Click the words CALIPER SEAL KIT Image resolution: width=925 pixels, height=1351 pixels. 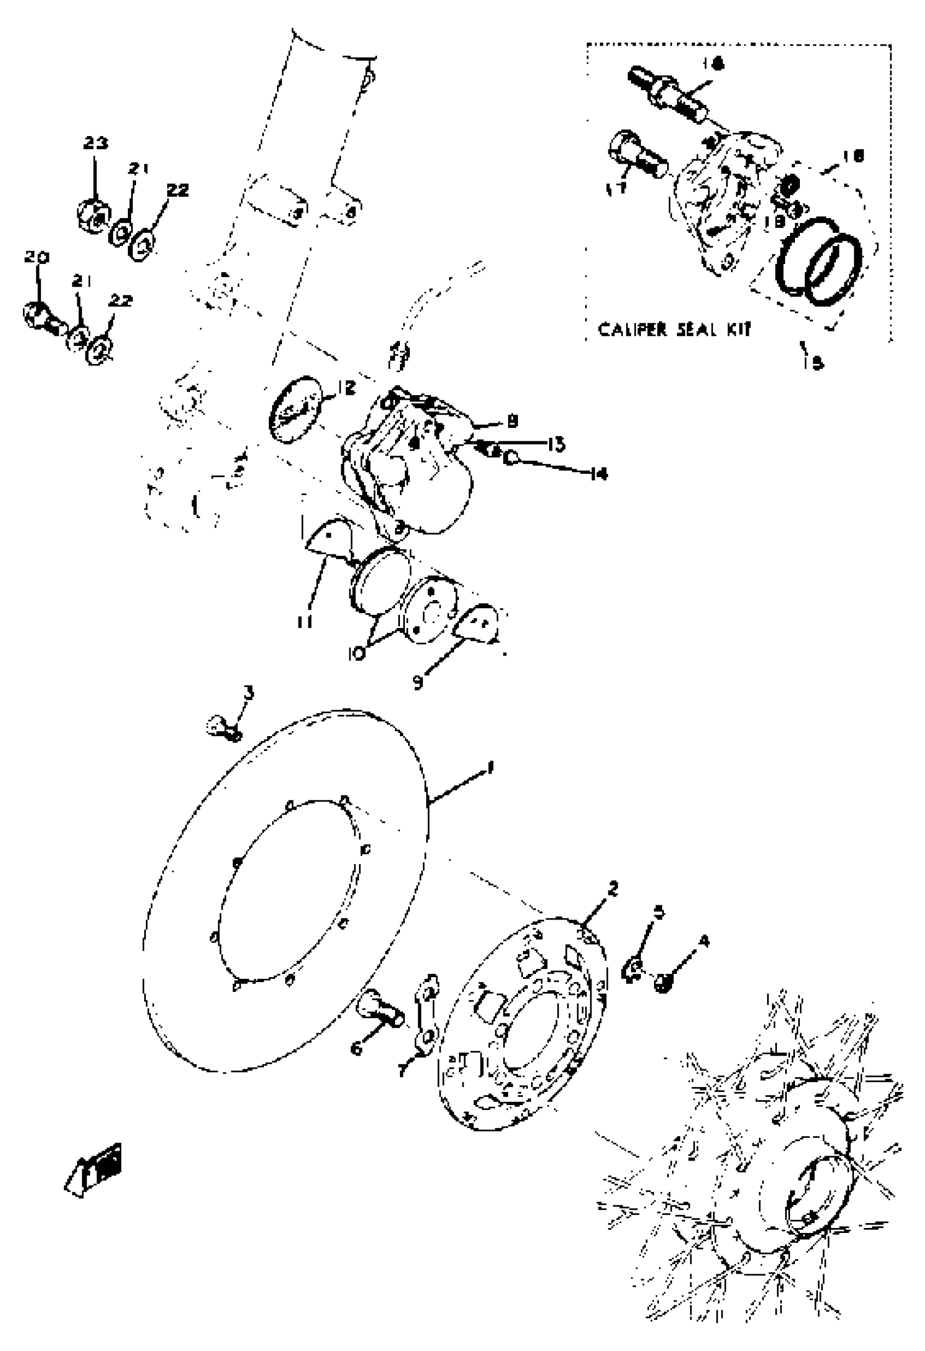674,330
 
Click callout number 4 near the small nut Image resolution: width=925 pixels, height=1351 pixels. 705,941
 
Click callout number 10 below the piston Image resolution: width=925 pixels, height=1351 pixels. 357,653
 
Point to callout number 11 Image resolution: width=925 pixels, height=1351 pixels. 304,622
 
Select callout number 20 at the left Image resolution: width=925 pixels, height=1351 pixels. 36,257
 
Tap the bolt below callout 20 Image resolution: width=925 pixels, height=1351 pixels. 42,317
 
